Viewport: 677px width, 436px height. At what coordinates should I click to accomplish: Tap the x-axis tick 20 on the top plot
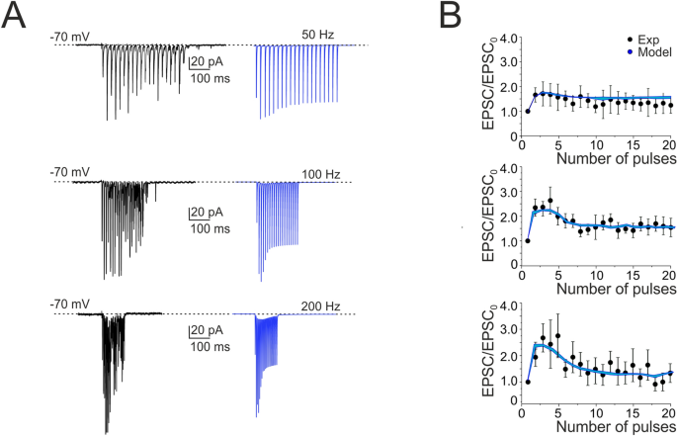coord(668,146)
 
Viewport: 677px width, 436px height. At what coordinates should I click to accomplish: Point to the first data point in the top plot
coord(528,111)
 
